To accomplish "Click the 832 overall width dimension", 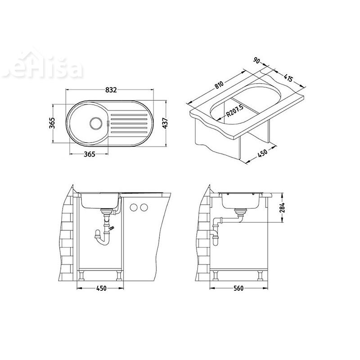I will [x=111, y=90].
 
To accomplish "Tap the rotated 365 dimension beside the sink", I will [x=52, y=123].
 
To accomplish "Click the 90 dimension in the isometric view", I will [x=256, y=61].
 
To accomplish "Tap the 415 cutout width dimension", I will [x=288, y=79].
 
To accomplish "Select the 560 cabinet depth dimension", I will [x=239, y=288].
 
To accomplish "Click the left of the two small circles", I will [x=134, y=207].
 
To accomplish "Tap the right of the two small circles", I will [x=144, y=207].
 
